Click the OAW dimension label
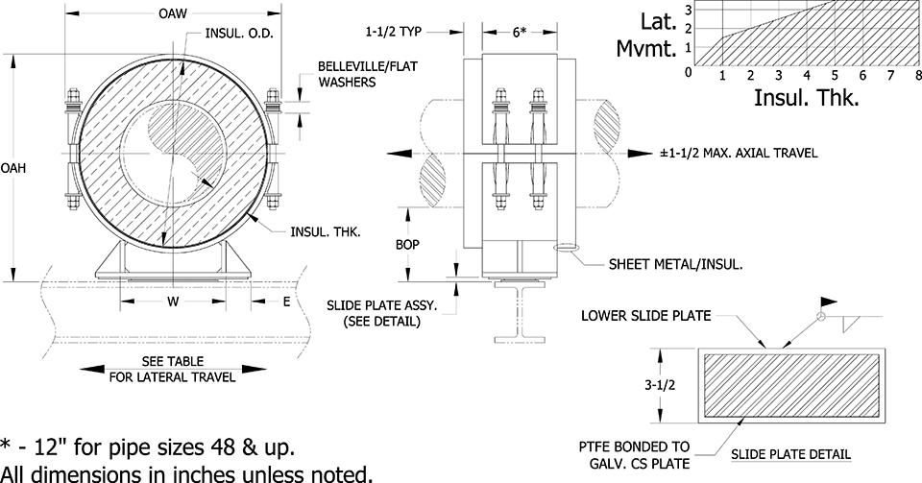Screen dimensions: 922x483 (173, 12)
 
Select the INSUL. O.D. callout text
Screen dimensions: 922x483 (239, 33)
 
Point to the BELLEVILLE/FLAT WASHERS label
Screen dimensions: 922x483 (368, 74)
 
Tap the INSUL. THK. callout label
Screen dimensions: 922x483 (326, 232)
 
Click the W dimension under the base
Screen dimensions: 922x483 (173, 302)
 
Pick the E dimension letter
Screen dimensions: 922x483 (286, 302)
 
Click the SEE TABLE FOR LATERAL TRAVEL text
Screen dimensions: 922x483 (172, 369)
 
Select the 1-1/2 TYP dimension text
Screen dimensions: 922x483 (393, 31)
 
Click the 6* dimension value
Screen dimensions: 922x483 (520, 32)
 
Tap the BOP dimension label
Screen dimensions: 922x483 (407, 244)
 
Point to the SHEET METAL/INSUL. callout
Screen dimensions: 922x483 (675, 264)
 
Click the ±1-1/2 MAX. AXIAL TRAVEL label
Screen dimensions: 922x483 (739, 153)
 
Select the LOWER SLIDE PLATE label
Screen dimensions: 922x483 (645, 316)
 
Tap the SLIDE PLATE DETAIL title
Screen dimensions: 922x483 (790, 454)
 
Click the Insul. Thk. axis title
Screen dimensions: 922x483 (807, 98)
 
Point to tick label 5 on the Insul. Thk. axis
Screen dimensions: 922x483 (835, 75)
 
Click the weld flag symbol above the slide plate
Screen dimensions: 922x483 (829, 302)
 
